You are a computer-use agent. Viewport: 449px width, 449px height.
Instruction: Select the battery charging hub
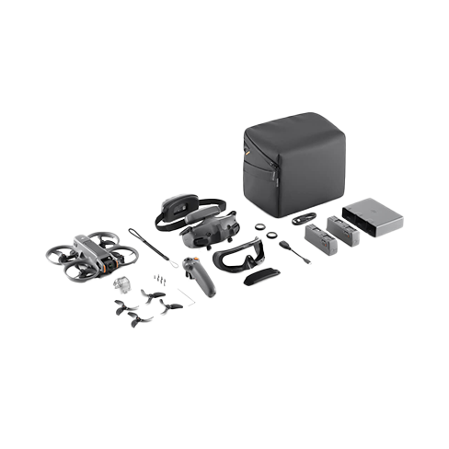pos(372,217)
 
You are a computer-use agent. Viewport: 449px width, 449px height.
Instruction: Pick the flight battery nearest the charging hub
pos(343,231)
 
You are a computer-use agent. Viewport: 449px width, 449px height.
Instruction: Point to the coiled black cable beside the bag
pos(304,220)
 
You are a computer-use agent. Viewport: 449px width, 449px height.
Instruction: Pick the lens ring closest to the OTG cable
pos(272,235)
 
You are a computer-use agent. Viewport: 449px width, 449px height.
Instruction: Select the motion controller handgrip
pos(201,276)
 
